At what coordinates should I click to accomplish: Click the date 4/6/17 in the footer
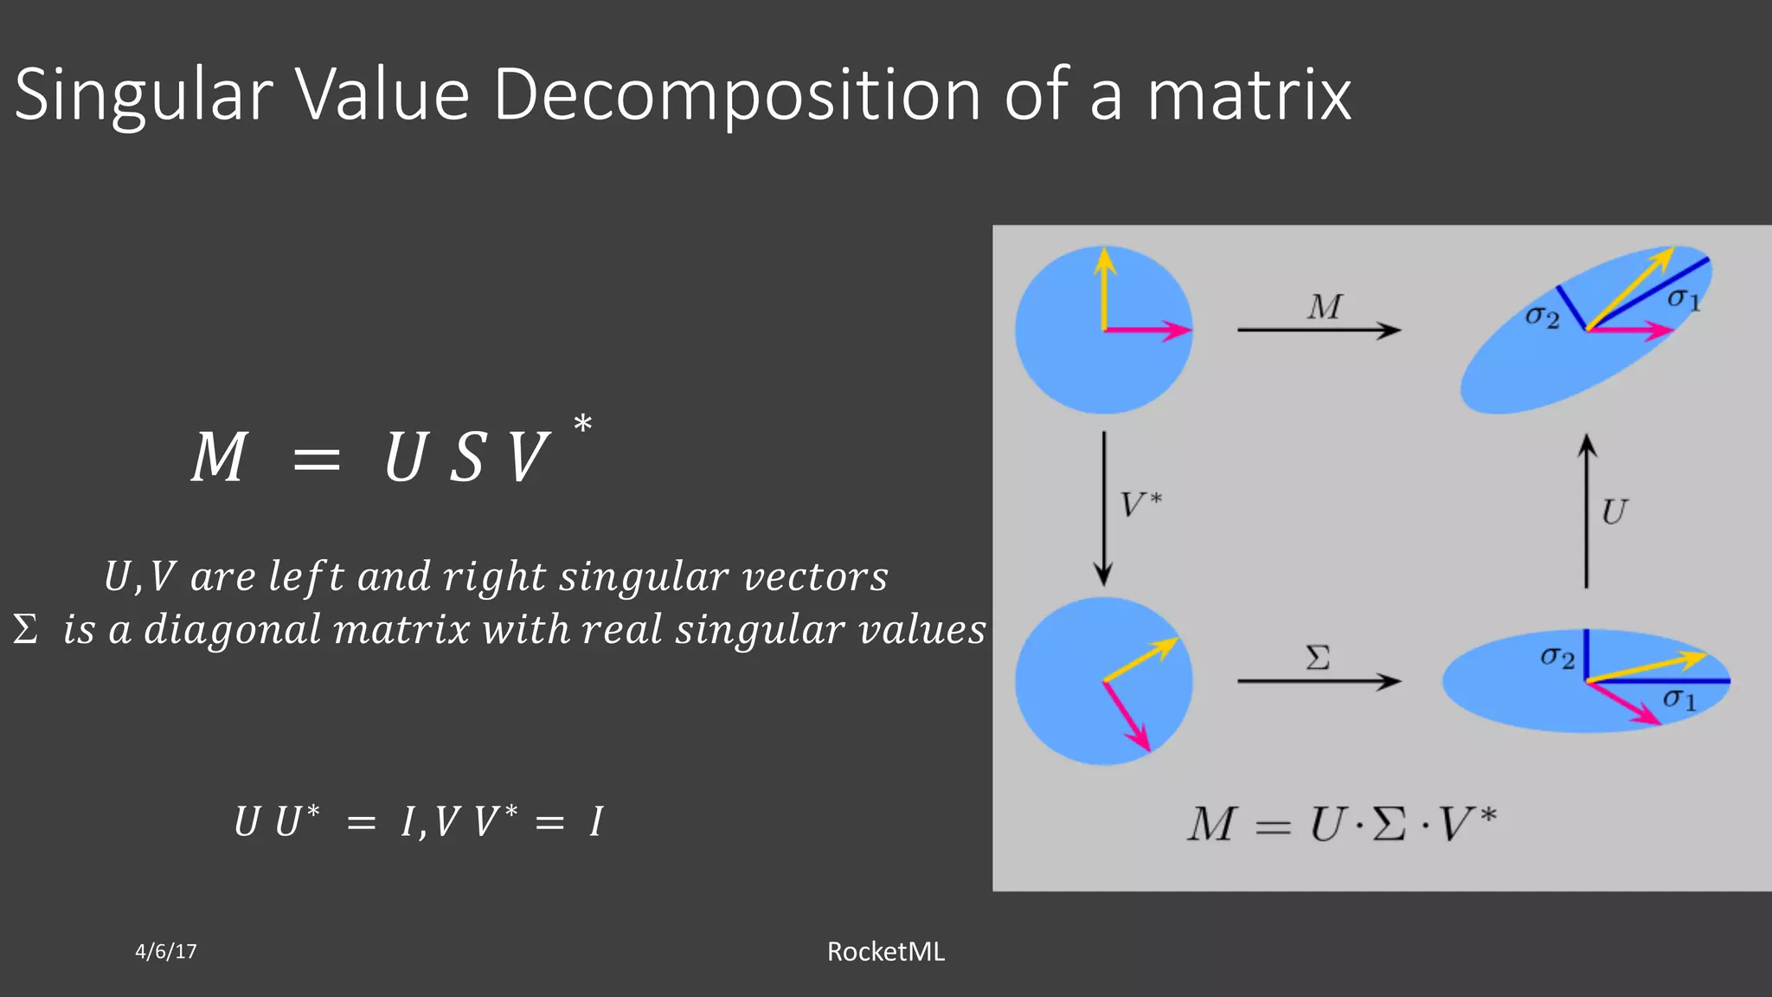tap(166, 952)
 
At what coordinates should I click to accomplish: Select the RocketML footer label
tap(885, 952)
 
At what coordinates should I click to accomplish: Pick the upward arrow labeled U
tap(1586, 511)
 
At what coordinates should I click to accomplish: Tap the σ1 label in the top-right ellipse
tap(1684, 299)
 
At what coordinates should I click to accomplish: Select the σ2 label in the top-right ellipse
tap(1542, 317)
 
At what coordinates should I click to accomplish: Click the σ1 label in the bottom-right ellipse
tap(1679, 698)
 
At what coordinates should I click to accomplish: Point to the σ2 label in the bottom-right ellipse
tap(1557, 657)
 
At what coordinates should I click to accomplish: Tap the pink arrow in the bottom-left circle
tap(1127, 716)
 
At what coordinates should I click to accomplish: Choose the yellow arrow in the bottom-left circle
tap(1140, 659)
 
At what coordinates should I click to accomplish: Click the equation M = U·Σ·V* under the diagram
tap(1341, 824)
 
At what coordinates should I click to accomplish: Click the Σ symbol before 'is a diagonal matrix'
tap(26, 629)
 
